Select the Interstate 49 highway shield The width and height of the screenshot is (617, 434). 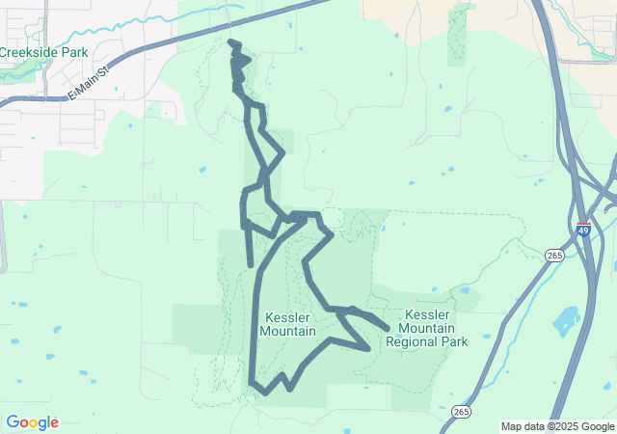pos(583,230)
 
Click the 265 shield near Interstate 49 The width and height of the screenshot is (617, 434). pos(553,255)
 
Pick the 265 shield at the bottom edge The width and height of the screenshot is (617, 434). pos(460,412)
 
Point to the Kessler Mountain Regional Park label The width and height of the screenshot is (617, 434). pos(426,328)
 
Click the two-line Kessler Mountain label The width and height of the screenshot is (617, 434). pos(287,324)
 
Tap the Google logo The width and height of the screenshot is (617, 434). pos(32,422)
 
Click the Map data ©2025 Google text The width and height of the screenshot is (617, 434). pos(557,426)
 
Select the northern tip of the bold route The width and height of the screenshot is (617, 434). pos(230,42)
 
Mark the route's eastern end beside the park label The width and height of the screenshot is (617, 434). pos(386,329)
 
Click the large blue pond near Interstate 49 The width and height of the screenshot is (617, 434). pos(565,320)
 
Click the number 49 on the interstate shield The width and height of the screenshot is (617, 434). pos(583,231)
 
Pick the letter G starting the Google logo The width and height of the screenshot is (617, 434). pos(12,422)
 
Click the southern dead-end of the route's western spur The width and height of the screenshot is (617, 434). pos(251,263)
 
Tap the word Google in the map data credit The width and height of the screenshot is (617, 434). pos(596,426)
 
